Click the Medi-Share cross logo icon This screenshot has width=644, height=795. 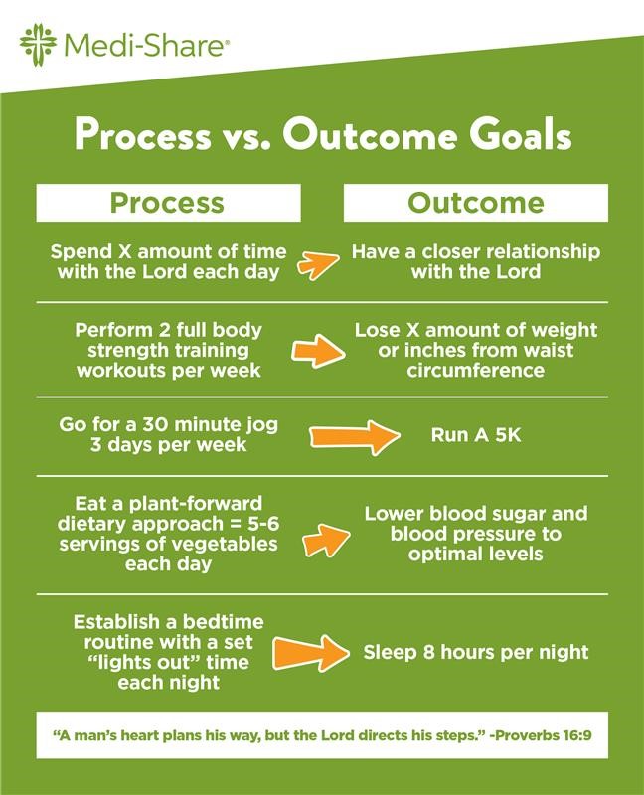click(37, 44)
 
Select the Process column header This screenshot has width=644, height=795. click(167, 203)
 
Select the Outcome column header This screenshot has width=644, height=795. click(476, 203)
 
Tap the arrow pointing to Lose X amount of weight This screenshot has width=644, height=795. click(317, 350)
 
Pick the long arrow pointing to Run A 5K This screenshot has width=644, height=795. click(353, 434)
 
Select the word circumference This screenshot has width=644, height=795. click(476, 371)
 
